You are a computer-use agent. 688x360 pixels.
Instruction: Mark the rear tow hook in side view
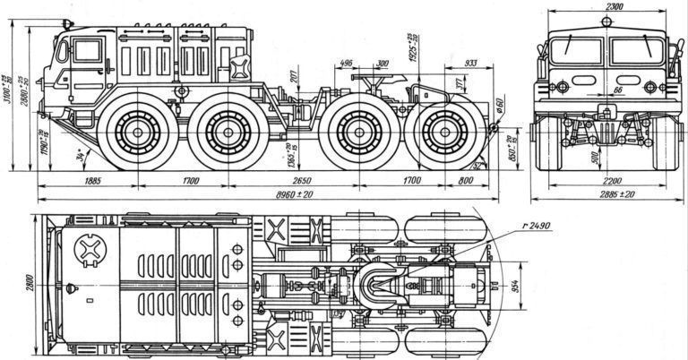pyautogui.click(x=491, y=131)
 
